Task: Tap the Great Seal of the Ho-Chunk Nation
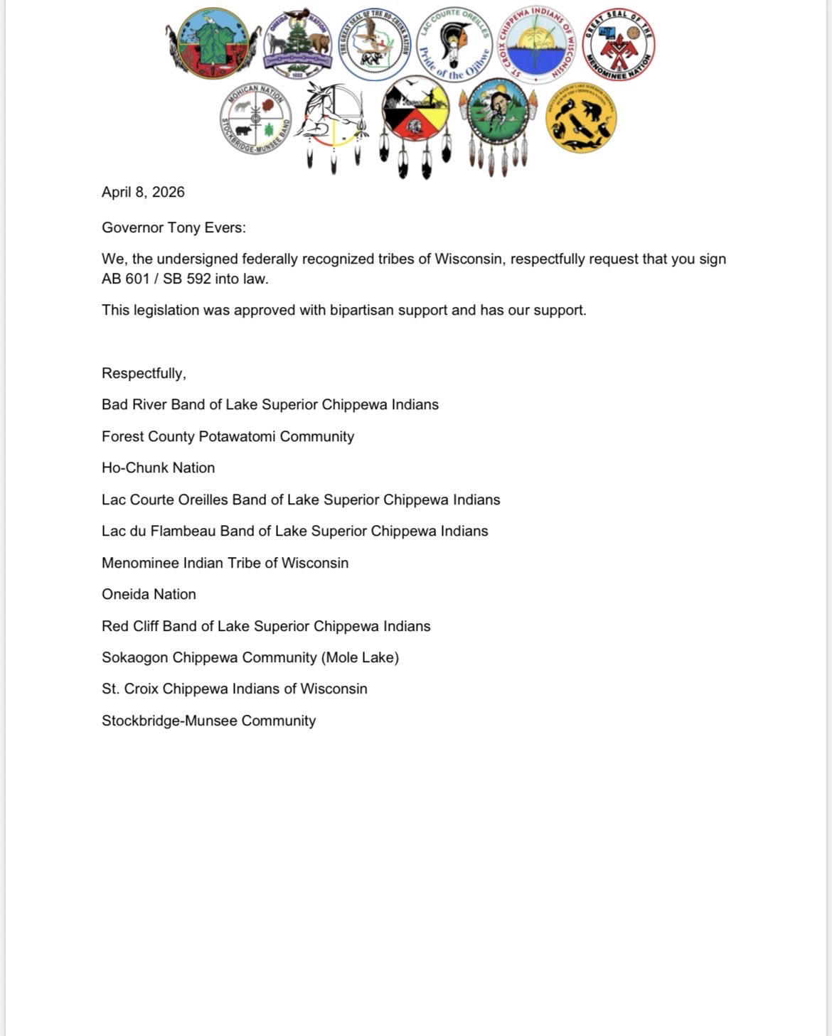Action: (x=374, y=44)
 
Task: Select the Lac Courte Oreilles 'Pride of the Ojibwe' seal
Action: (x=454, y=45)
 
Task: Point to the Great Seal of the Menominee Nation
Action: (x=618, y=45)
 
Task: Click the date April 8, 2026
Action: (x=143, y=192)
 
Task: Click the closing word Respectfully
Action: (x=144, y=373)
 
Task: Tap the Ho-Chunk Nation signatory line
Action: (x=158, y=468)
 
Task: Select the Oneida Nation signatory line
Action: (x=149, y=594)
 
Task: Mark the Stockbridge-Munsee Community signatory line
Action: (x=208, y=721)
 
